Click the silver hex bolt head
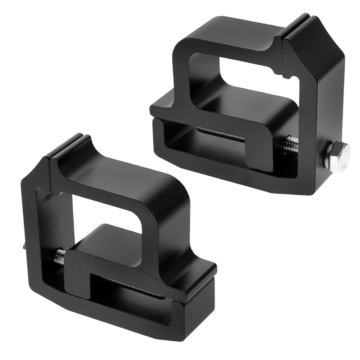[336, 156]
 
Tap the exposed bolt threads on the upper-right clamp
[291, 146]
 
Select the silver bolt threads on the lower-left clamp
[60, 256]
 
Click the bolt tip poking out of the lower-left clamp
[22, 246]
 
